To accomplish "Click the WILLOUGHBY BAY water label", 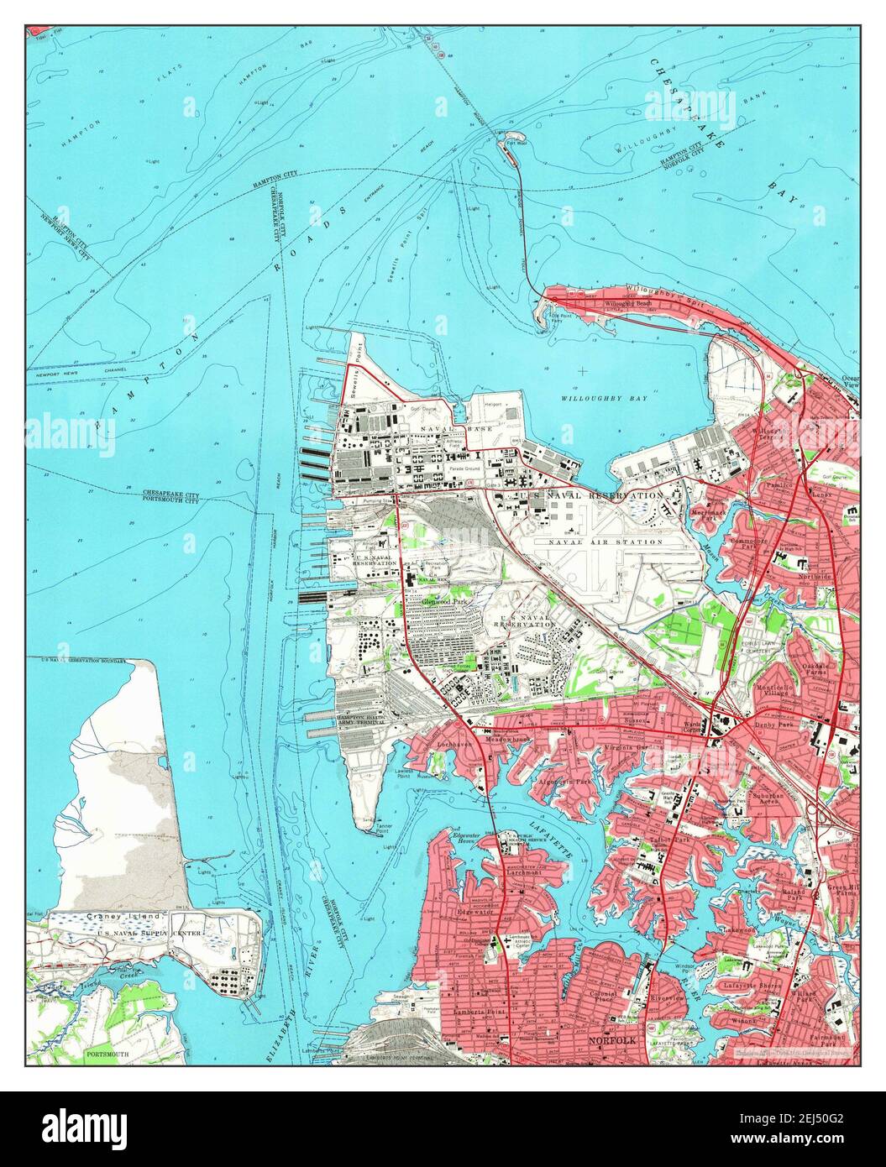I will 606,398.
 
